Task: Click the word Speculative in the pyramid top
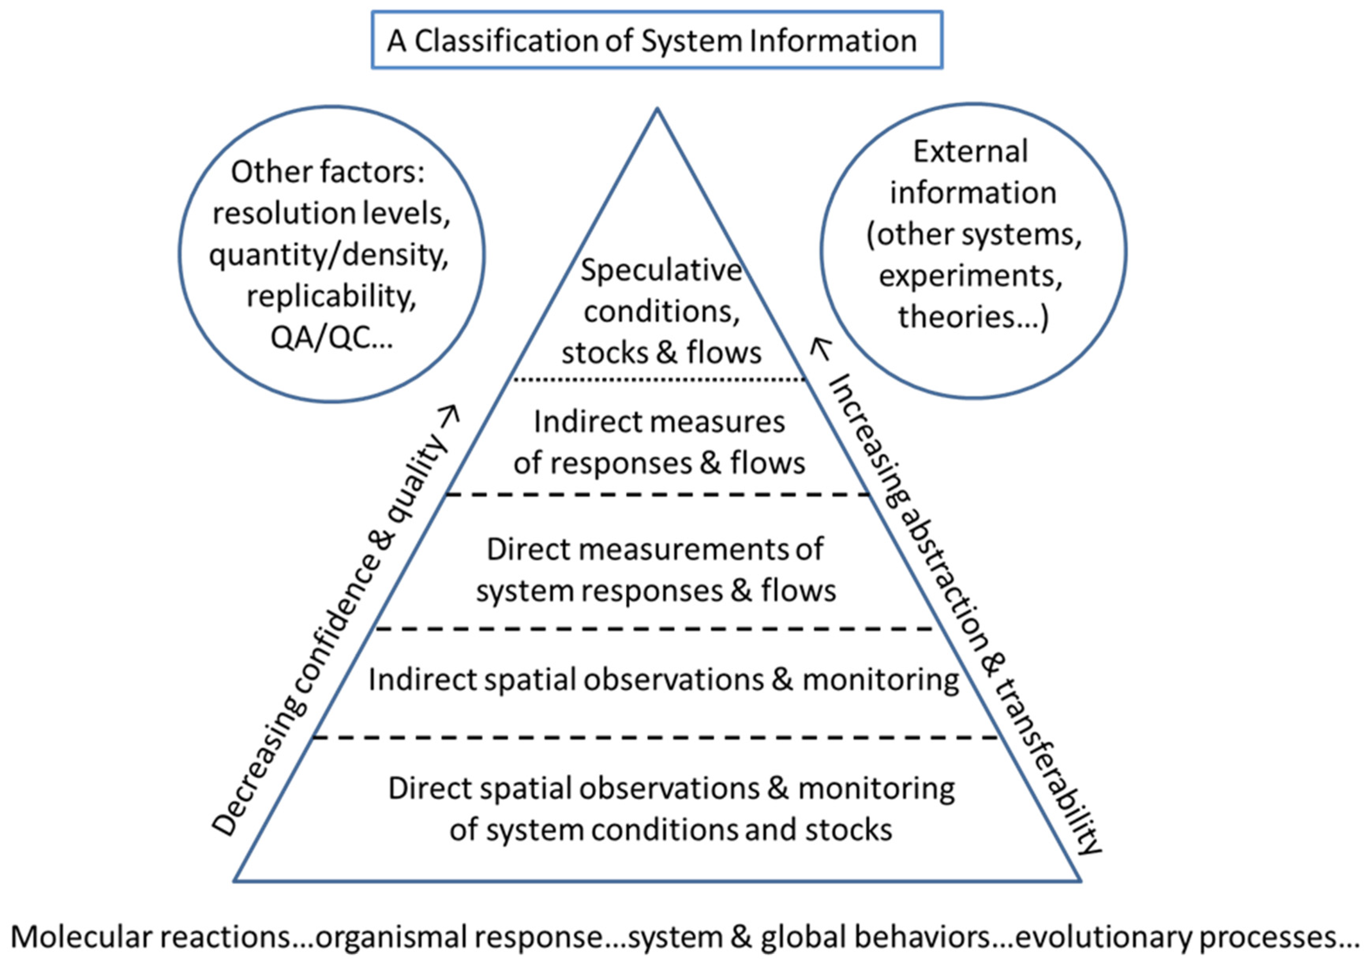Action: click(x=661, y=270)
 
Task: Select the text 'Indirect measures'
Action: click(x=659, y=421)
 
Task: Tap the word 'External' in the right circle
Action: click(x=970, y=151)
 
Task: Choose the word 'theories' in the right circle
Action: click(x=955, y=316)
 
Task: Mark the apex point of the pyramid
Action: click(x=657, y=109)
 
